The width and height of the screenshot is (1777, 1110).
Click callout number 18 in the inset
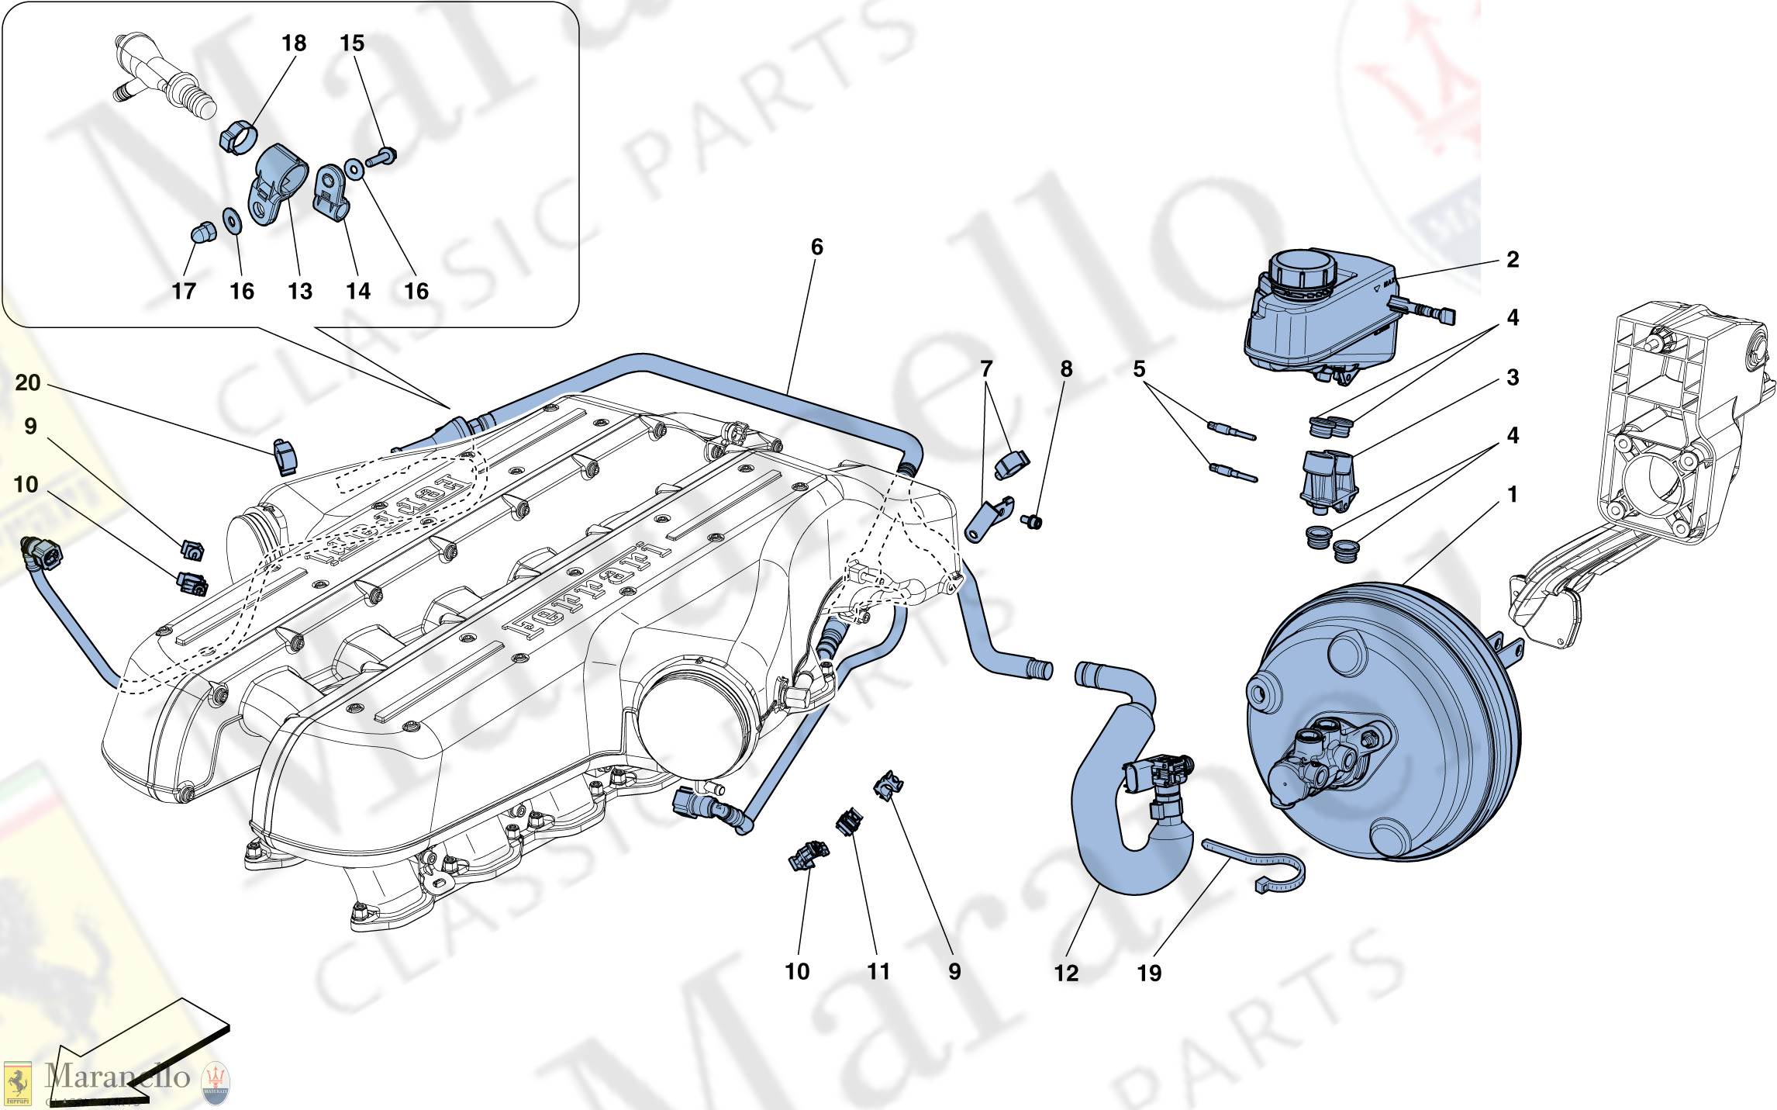point(294,43)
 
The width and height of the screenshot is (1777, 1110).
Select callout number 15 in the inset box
point(352,43)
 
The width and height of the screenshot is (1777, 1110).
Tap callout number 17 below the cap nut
point(184,292)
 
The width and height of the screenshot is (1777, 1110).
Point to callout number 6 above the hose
point(816,247)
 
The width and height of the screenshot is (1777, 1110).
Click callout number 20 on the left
point(28,382)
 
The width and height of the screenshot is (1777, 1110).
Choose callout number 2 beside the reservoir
point(1512,260)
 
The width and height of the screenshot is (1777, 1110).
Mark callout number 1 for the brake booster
point(1512,494)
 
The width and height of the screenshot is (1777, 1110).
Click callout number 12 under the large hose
point(1066,973)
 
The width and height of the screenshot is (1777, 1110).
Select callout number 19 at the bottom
point(1149,973)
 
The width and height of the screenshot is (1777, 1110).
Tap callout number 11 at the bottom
point(878,971)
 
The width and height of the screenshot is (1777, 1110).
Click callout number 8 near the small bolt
point(1066,369)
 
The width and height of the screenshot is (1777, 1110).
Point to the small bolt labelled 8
point(1032,522)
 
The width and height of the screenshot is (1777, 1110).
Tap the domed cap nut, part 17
point(202,232)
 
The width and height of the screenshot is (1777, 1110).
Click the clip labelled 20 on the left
point(285,457)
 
